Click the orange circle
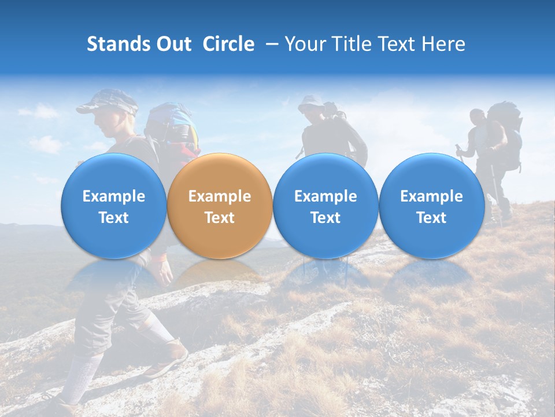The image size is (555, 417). (x=219, y=206)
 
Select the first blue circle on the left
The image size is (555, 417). (x=113, y=206)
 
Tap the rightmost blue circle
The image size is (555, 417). (x=431, y=206)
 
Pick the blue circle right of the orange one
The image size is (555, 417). (x=325, y=206)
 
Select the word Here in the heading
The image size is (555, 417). (x=443, y=44)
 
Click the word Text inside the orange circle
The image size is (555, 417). (x=219, y=218)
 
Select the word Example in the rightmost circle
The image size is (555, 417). (x=431, y=196)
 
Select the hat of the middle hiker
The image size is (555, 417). (x=310, y=102)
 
